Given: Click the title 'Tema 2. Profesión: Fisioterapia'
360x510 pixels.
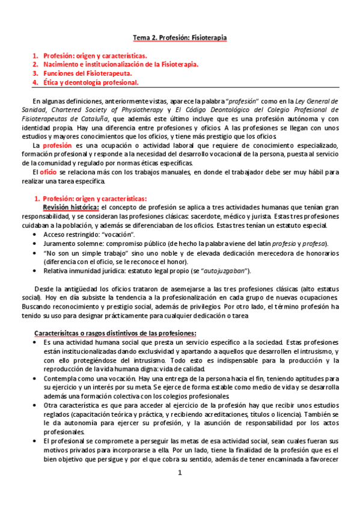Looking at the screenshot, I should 180,38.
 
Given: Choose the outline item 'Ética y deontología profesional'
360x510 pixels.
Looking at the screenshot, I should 91,82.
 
